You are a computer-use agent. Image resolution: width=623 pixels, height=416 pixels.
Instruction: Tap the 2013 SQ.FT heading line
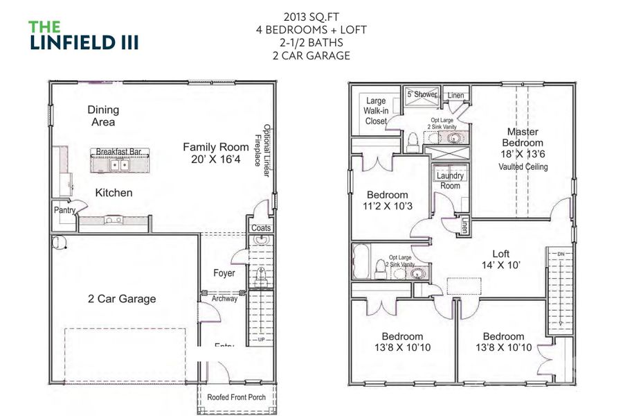pyautogui.click(x=311, y=17)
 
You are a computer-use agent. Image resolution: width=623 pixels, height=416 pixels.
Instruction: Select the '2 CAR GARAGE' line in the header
pyautogui.click(x=311, y=56)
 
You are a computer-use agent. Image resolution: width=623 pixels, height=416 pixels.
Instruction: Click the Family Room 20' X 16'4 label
pyautogui.click(x=215, y=153)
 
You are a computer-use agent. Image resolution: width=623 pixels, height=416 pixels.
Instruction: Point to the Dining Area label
pyautogui.click(x=103, y=116)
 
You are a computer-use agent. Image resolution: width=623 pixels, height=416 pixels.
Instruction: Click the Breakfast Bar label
pyautogui.click(x=120, y=151)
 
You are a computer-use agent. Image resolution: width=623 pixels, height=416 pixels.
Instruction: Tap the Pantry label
pyautogui.click(x=64, y=209)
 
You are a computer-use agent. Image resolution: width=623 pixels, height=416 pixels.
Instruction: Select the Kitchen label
pyautogui.click(x=114, y=193)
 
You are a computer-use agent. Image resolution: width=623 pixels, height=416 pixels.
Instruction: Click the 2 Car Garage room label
pyautogui.click(x=122, y=299)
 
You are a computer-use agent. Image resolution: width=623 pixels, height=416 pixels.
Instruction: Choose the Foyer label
pyautogui.click(x=224, y=273)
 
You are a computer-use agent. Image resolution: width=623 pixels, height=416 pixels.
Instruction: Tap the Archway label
pyautogui.click(x=224, y=299)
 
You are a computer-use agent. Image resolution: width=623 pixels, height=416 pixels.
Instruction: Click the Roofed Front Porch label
pyautogui.click(x=236, y=397)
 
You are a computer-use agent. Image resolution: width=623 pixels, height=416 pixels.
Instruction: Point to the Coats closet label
pyautogui.click(x=261, y=227)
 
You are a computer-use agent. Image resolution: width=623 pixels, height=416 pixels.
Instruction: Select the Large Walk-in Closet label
pyautogui.click(x=376, y=111)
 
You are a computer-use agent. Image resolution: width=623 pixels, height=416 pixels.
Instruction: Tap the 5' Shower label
pyautogui.click(x=422, y=94)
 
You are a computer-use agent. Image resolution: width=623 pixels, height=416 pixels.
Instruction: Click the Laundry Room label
pyautogui.click(x=450, y=181)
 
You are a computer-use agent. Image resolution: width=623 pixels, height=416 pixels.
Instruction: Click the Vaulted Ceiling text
pyautogui.click(x=523, y=167)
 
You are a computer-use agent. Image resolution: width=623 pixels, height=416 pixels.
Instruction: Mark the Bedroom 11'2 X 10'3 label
pyautogui.click(x=387, y=200)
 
